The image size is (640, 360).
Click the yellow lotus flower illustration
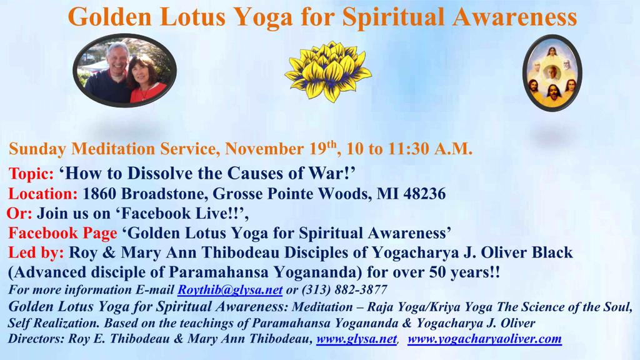[x=327, y=71]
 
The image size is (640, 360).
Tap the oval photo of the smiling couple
[x=124, y=70]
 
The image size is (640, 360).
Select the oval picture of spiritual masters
[x=552, y=73]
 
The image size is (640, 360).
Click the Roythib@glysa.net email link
[x=230, y=290]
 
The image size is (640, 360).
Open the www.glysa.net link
[x=356, y=339]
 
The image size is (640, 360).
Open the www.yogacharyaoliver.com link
[x=484, y=339]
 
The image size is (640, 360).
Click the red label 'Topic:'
[x=31, y=174]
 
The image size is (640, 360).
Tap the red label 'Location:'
[x=43, y=194]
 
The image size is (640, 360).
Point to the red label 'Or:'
[x=19, y=214]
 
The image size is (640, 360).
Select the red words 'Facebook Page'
[x=62, y=233]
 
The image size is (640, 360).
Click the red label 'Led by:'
[x=36, y=252]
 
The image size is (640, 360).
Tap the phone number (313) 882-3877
[x=344, y=290]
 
